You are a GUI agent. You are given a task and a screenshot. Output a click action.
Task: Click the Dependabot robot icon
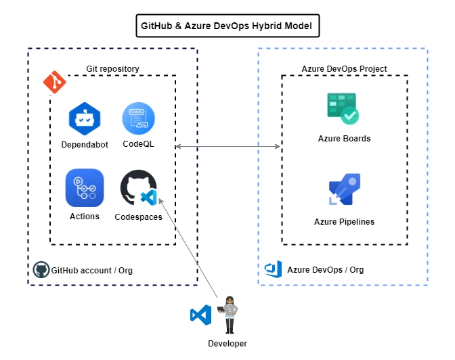[85, 118]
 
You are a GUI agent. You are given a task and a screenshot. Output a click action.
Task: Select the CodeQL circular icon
[138, 118]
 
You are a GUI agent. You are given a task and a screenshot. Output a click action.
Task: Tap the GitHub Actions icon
[85, 187]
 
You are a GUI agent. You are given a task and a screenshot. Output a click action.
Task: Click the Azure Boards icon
[343, 108]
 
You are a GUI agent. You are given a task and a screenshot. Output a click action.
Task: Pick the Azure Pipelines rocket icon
[345, 189]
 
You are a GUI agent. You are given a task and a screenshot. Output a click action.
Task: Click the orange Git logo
[55, 82]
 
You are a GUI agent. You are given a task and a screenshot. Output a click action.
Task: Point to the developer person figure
[229, 315]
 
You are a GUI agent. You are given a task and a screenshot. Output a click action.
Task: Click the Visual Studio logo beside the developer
[201, 315]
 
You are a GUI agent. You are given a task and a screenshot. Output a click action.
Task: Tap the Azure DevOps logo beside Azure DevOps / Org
[273, 269]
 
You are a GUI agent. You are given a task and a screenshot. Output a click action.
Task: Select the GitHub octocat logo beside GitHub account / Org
[41, 269]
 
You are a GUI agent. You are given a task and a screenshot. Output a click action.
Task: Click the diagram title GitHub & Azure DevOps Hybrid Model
[227, 26]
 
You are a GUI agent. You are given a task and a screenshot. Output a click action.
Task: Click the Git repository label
[112, 69]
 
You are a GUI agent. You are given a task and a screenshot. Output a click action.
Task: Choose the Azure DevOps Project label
[344, 69]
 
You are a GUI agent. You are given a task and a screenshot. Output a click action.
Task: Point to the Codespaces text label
[138, 217]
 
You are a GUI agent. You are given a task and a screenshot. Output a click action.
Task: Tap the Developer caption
[227, 344]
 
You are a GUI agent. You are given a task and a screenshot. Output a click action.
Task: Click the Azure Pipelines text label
[345, 222]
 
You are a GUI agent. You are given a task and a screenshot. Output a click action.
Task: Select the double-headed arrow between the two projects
[228, 146]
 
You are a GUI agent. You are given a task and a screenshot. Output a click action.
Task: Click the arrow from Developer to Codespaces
[188, 248]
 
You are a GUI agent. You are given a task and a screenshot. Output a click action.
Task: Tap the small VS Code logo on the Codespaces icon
[149, 198]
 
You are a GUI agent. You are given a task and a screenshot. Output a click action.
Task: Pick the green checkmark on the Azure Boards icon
[349, 116]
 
